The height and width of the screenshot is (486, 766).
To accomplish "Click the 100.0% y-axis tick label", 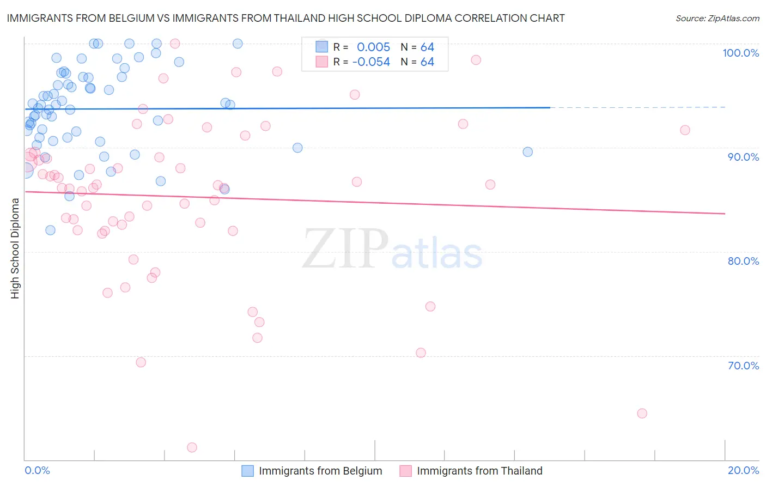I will click(x=740, y=53).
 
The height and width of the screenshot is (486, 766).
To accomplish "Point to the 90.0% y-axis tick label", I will click(x=743, y=157).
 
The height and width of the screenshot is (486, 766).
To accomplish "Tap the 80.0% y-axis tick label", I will click(x=743, y=261).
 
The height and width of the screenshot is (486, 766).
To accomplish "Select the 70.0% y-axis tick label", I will click(x=743, y=366).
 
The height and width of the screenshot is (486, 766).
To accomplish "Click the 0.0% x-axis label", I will click(x=37, y=470).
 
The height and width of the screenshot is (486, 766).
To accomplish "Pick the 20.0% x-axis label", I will click(x=743, y=470).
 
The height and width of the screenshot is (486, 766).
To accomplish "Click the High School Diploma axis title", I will click(x=15, y=248).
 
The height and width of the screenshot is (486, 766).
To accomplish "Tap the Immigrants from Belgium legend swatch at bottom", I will click(x=248, y=471).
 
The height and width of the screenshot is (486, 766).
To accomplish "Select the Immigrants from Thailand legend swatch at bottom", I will click(x=405, y=471).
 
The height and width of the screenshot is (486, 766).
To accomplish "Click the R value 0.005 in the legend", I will click(x=373, y=47).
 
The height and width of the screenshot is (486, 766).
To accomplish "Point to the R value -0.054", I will click(x=371, y=62).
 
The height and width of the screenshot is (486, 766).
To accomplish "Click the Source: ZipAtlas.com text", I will click(x=717, y=19).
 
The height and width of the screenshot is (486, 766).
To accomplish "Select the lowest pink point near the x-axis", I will click(x=192, y=447).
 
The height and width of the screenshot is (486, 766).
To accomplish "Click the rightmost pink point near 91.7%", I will click(x=685, y=130).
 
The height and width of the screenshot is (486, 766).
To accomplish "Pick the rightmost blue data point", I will click(x=527, y=152).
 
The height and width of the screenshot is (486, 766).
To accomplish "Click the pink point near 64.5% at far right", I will click(x=642, y=414).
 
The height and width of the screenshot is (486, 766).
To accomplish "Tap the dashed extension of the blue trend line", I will click(x=637, y=107).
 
